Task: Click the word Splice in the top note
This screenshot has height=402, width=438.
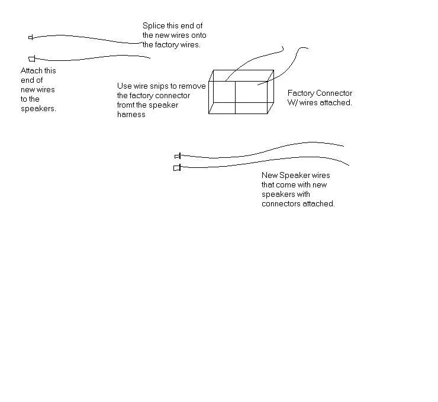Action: [x=153, y=26]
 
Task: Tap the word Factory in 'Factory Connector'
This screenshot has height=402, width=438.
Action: [x=301, y=93]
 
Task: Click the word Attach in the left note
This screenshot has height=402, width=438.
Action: [x=31, y=71]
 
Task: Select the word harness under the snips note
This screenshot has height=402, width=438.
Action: [x=131, y=115]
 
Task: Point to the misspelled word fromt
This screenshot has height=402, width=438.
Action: [x=127, y=105]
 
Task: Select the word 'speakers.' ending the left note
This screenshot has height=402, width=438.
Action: [x=38, y=109]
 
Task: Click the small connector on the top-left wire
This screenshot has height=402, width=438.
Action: [x=31, y=37]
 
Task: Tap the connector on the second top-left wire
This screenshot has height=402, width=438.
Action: [x=32, y=58]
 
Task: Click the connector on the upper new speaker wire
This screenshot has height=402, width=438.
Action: [x=177, y=156]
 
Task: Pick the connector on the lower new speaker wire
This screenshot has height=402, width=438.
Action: [x=176, y=168]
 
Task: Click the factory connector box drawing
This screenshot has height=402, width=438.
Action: [x=240, y=92]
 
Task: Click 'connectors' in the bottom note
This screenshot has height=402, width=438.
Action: [x=281, y=204]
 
